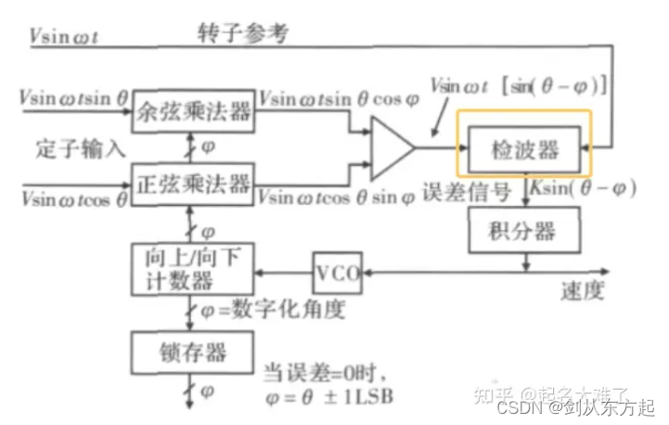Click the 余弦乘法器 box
(193, 113)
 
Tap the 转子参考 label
(243, 34)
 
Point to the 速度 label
(583, 290)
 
